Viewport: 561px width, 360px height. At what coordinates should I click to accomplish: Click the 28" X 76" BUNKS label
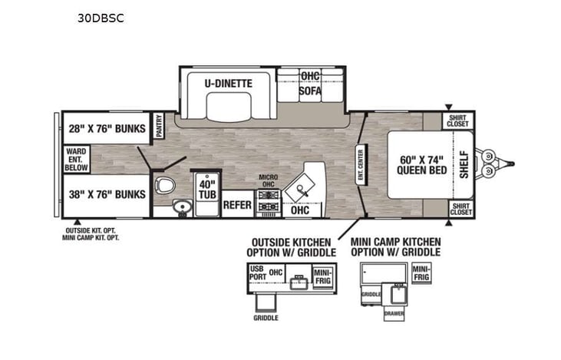point(104,128)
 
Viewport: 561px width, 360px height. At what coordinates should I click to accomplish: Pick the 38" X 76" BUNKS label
point(104,194)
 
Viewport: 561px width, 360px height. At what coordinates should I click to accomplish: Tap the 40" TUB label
point(206,189)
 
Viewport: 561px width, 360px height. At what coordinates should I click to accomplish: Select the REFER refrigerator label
point(238,205)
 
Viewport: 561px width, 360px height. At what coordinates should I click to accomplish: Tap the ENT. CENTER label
point(360,162)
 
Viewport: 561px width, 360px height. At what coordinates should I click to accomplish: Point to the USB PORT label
point(257,272)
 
